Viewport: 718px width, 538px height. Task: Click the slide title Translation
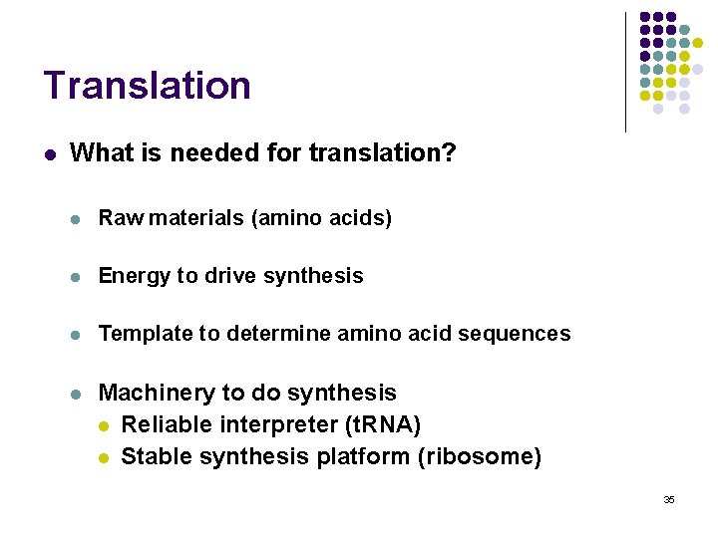147,86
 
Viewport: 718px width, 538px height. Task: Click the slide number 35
669,499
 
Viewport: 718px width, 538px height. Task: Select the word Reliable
163,425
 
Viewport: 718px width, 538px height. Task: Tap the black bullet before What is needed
48,154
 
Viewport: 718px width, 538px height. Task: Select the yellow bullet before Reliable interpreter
104,426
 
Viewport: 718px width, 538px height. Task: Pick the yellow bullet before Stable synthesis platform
104,458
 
